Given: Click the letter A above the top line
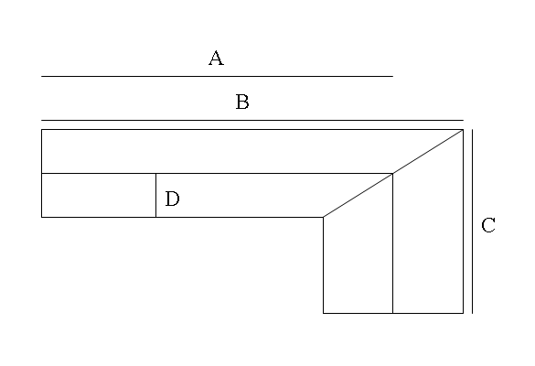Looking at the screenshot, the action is pyautogui.click(x=217, y=58).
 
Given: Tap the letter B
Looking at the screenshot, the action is pyautogui.click(x=242, y=102).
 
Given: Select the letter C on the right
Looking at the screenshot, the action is pyautogui.click(x=488, y=225).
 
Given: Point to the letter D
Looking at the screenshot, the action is pyautogui.click(x=172, y=199).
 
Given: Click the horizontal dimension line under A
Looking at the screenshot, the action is pyautogui.click(x=217, y=76).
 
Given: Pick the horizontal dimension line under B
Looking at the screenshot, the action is pyautogui.click(x=252, y=120).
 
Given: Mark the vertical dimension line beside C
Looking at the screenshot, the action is pyautogui.click(x=472, y=221).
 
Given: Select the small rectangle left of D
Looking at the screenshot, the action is pyautogui.click(x=99, y=195).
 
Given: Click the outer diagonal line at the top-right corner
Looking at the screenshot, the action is pyautogui.click(x=428, y=151).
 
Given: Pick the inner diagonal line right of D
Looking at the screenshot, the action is pyautogui.click(x=358, y=195).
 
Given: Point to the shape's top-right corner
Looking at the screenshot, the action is pyautogui.click(x=463, y=129).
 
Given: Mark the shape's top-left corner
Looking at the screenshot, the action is pyautogui.click(x=42, y=129).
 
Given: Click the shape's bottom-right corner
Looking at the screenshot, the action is pyautogui.click(x=463, y=313).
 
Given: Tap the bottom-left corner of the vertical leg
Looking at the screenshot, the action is pyautogui.click(x=323, y=313).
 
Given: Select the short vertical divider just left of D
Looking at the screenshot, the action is pyautogui.click(x=156, y=195).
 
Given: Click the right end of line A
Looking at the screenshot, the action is pyautogui.click(x=392, y=76).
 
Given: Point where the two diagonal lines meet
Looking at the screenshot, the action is pyautogui.click(x=392, y=174).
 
